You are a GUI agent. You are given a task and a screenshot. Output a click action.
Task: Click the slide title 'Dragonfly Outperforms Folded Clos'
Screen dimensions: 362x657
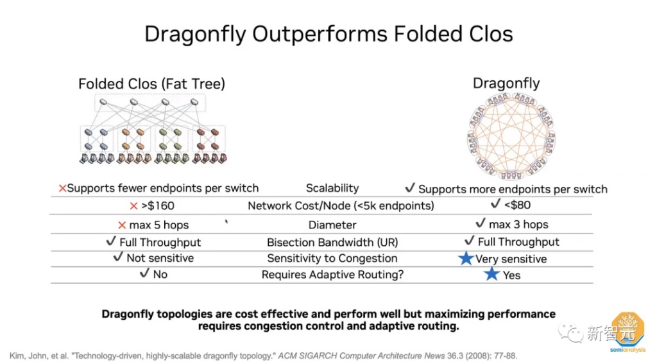pos(328,34)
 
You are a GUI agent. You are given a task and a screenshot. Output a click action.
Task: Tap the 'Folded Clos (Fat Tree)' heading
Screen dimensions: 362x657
pos(151,84)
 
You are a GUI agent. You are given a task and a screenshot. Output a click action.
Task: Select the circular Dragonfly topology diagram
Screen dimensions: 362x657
pos(511,135)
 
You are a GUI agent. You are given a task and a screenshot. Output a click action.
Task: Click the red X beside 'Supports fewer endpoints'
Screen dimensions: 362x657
pos(62,189)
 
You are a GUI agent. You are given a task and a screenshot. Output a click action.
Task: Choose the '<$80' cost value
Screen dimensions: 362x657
pos(518,205)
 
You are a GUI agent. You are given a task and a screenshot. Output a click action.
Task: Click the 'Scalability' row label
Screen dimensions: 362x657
pos(332,188)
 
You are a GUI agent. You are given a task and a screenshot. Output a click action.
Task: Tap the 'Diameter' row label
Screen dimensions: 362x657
pos(332,225)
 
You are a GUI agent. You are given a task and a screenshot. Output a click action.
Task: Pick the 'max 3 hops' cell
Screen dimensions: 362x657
pos(518,224)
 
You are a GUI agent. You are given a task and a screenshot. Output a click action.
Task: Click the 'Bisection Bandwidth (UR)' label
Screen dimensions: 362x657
pos(332,242)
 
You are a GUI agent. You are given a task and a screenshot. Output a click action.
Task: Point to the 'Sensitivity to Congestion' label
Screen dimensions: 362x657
pos(332,258)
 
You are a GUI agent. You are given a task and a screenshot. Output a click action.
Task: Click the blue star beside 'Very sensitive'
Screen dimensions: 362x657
pos(466,259)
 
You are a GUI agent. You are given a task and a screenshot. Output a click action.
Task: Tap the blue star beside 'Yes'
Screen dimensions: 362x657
pos(491,274)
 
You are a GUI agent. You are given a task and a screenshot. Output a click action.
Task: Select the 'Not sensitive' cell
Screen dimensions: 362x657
pos(160,258)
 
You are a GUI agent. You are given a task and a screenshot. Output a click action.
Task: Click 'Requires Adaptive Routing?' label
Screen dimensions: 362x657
pos(332,275)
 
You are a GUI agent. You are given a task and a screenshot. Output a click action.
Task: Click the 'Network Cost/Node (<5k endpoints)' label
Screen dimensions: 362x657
pos(341,206)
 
